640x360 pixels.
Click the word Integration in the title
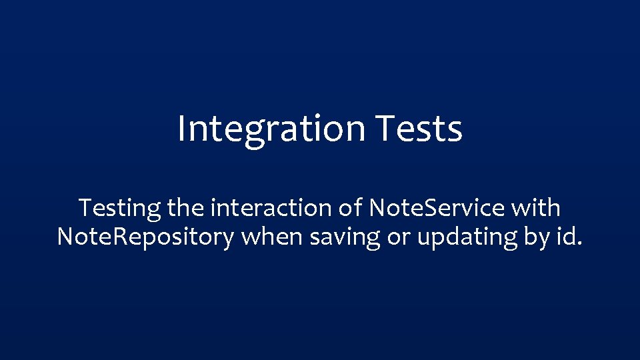click(271, 129)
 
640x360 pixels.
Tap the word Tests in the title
click(419, 129)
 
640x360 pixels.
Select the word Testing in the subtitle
click(120, 209)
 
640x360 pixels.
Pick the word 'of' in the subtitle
click(351, 208)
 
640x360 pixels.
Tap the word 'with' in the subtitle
click(536, 208)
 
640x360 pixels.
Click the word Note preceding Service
click(394, 208)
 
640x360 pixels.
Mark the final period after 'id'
click(579, 244)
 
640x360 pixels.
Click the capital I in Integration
click(181, 129)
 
